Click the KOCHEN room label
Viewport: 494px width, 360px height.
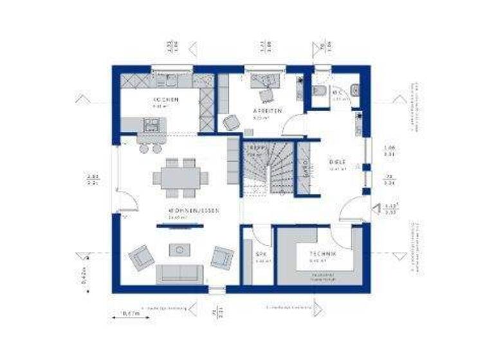point(165,100)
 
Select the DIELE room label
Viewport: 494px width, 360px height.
point(338,161)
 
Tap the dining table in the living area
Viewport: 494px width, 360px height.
point(180,178)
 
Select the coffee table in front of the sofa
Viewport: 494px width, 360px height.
point(179,249)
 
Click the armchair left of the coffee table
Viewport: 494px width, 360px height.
point(141,257)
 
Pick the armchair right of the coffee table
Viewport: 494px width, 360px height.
point(222,257)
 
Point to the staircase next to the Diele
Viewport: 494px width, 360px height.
point(270,168)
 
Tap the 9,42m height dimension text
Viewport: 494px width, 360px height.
point(84,276)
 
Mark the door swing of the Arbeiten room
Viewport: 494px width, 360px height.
point(294,124)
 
